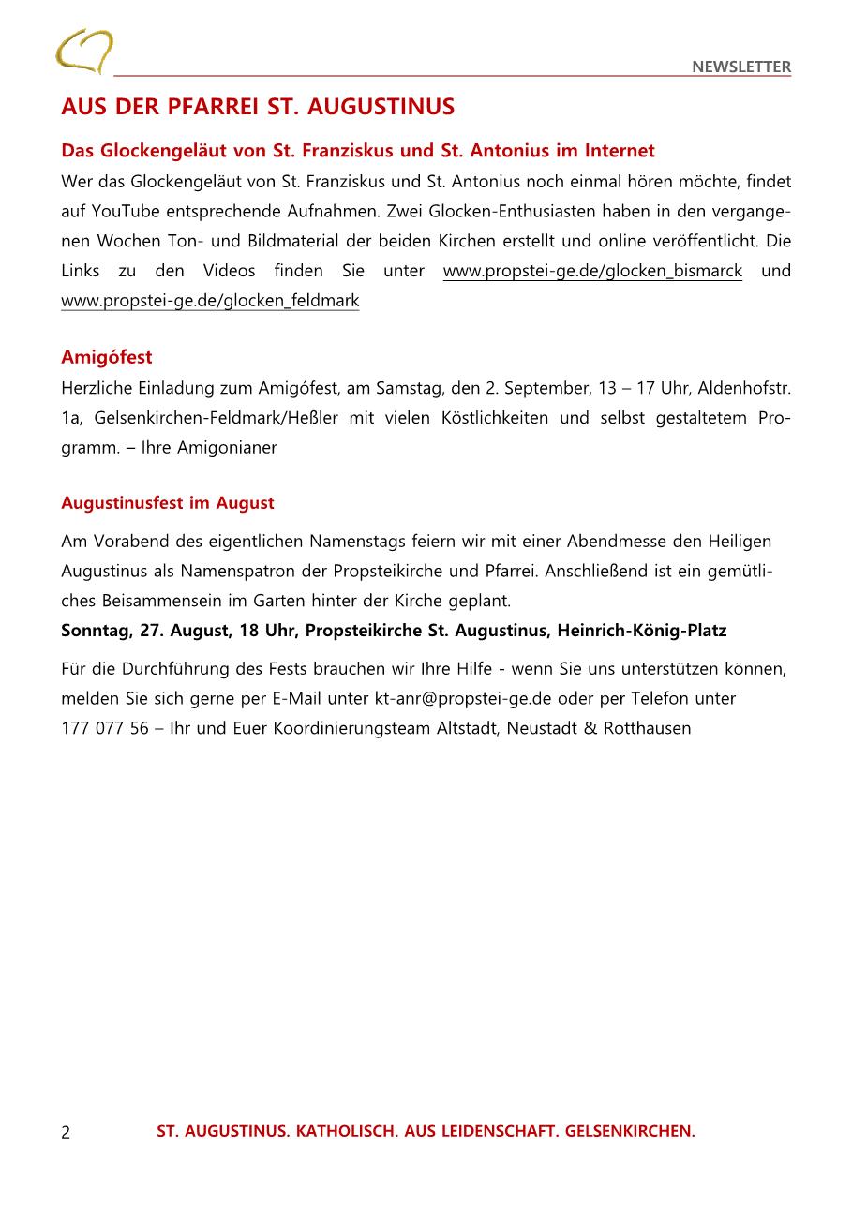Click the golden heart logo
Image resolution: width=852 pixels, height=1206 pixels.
click(83, 52)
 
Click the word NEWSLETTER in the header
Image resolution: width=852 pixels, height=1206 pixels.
click(741, 67)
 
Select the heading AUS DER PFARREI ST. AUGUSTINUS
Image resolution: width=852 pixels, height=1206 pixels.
click(258, 107)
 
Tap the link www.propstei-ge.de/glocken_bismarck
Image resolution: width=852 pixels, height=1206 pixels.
click(592, 271)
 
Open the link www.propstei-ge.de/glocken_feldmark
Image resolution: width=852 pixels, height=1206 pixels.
click(210, 301)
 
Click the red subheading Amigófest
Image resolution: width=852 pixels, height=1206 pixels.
click(107, 357)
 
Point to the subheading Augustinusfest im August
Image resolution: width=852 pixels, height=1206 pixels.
click(168, 503)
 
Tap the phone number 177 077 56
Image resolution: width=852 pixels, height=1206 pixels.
click(105, 728)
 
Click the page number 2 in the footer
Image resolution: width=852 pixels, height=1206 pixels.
click(66, 1133)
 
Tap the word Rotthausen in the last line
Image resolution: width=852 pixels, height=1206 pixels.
click(648, 728)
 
